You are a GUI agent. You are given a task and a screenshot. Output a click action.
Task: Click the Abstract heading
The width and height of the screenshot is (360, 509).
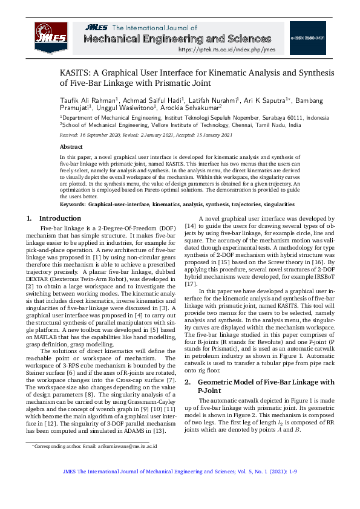[71, 147]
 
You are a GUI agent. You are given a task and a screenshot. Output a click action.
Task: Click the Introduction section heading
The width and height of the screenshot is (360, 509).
[59, 218]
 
